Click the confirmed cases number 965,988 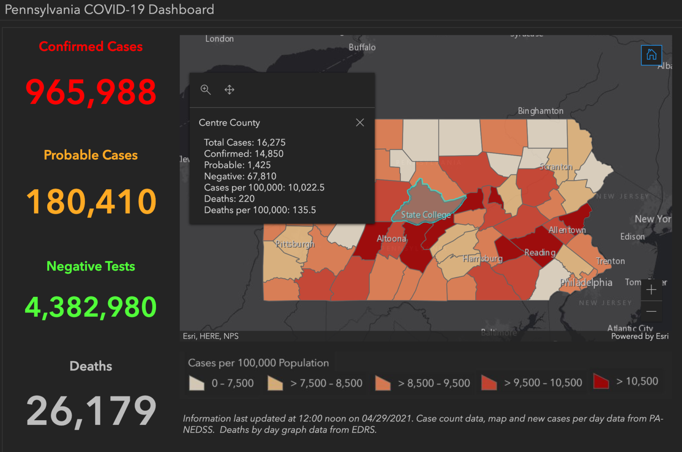tap(91, 92)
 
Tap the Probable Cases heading tap(91, 155)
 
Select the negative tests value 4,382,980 tap(91, 307)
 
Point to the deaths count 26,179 tap(91, 411)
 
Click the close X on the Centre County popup tap(360, 123)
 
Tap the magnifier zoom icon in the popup tap(206, 90)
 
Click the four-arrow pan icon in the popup tap(229, 90)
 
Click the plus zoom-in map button tap(651, 290)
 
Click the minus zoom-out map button tap(651, 311)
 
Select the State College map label tap(425, 215)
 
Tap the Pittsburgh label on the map tap(295, 244)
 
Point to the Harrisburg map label tap(483, 259)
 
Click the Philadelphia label tap(586, 282)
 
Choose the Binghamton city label tap(540, 111)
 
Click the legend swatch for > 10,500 tap(601, 381)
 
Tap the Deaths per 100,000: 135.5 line tap(260, 210)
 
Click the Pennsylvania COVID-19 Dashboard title tap(109, 9)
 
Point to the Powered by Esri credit tap(639, 336)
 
